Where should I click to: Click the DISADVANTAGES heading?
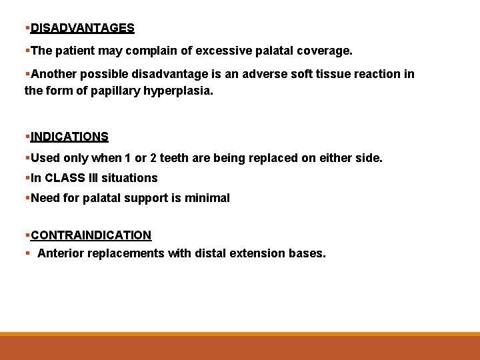click(x=83, y=28)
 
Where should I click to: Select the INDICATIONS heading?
click(x=69, y=137)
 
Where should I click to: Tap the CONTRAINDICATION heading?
click(x=91, y=235)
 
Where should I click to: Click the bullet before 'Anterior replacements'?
click(x=27, y=253)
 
